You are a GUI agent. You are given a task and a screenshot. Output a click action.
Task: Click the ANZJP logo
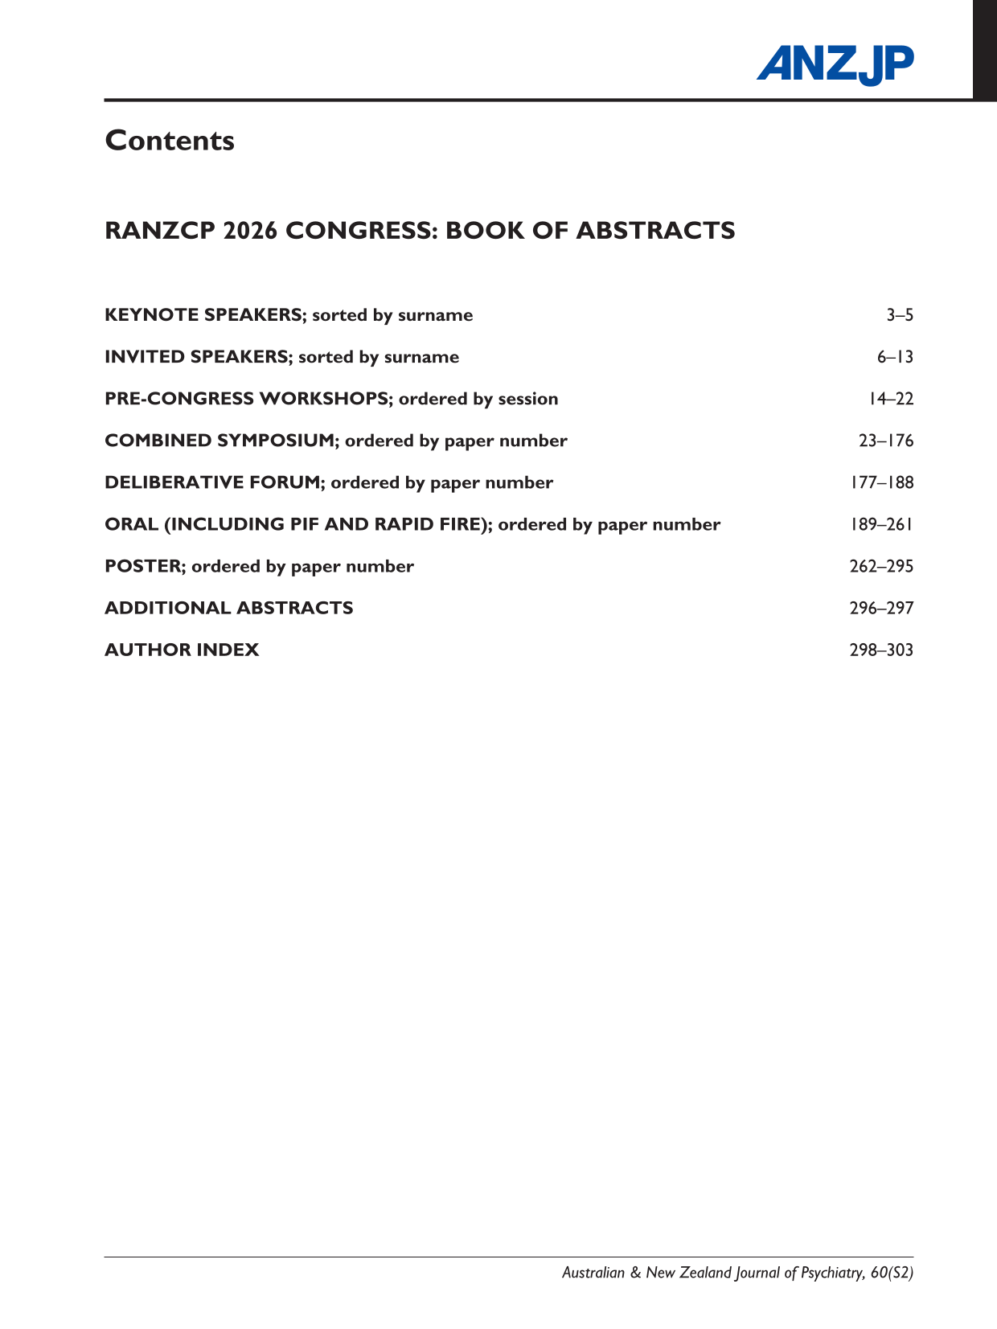point(835,64)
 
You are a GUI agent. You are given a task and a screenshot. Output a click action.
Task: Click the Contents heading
point(170,141)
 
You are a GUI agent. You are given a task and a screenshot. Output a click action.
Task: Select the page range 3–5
point(900,315)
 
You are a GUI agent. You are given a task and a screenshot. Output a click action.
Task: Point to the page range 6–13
point(895,357)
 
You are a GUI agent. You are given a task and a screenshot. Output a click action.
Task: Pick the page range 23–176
point(886,441)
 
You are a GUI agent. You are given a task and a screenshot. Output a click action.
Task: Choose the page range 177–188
point(881,482)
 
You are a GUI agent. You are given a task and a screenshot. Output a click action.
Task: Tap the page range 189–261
point(881,524)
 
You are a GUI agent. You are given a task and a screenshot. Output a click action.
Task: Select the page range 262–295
point(881,566)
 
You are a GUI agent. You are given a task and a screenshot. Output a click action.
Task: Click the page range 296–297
point(881,608)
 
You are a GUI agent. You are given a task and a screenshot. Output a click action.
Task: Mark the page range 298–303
point(881,650)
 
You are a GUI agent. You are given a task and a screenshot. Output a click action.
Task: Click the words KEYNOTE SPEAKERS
point(203,315)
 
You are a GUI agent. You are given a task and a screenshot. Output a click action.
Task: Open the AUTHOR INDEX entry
point(182,650)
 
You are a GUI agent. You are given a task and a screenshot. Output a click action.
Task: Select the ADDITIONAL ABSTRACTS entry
point(229,608)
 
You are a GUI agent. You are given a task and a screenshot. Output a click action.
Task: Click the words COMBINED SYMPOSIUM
point(220,441)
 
